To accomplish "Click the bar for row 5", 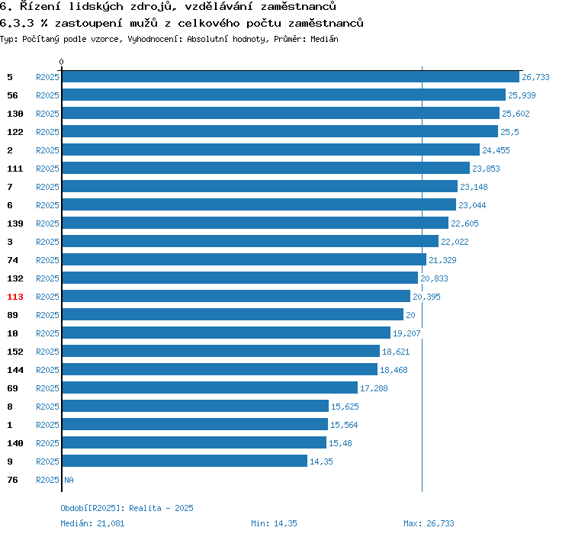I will [x=291, y=77].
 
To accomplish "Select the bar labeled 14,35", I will [x=185, y=461].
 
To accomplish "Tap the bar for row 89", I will [x=233, y=315].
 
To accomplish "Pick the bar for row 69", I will [x=210, y=388].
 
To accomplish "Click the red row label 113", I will [x=15, y=297].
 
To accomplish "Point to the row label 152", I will [x=15, y=352].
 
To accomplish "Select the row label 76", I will [x=12, y=480].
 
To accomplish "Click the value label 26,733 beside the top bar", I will [x=535, y=77].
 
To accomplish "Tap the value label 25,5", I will [x=509, y=132].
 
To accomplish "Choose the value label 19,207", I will [x=407, y=333].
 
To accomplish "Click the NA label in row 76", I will [x=69, y=480].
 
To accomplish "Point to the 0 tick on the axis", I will [x=62, y=62].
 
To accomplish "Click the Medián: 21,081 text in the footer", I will [x=92, y=523].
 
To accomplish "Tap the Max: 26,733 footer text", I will [x=429, y=523].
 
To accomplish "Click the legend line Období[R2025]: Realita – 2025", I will [x=127, y=508].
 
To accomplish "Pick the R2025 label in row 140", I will [x=47, y=443].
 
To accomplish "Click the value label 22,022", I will [x=456, y=242].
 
